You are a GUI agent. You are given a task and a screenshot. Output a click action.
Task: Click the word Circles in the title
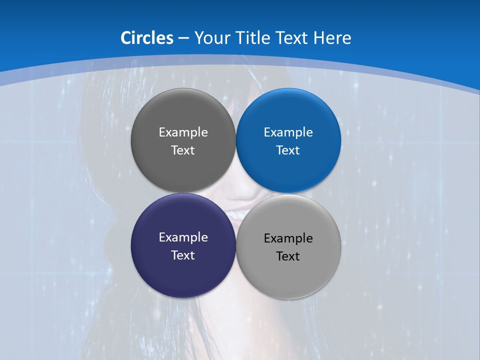pos(146,38)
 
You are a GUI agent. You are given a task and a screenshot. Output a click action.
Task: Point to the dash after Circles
pos(183,38)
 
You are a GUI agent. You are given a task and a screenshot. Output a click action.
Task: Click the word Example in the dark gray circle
pos(183,132)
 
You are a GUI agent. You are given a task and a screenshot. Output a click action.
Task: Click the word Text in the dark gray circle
pos(183,150)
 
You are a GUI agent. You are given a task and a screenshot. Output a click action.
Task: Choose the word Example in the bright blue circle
pos(288,132)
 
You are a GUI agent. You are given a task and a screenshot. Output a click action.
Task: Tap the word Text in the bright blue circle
pos(288,150)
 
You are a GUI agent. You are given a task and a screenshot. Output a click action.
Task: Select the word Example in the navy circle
pos(183,237)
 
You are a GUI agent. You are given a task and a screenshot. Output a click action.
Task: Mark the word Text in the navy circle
pos(183,255)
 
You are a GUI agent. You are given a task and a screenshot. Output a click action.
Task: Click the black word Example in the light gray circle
pos(288,238)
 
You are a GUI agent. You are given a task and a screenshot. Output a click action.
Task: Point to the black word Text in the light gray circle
pos(288,256)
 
